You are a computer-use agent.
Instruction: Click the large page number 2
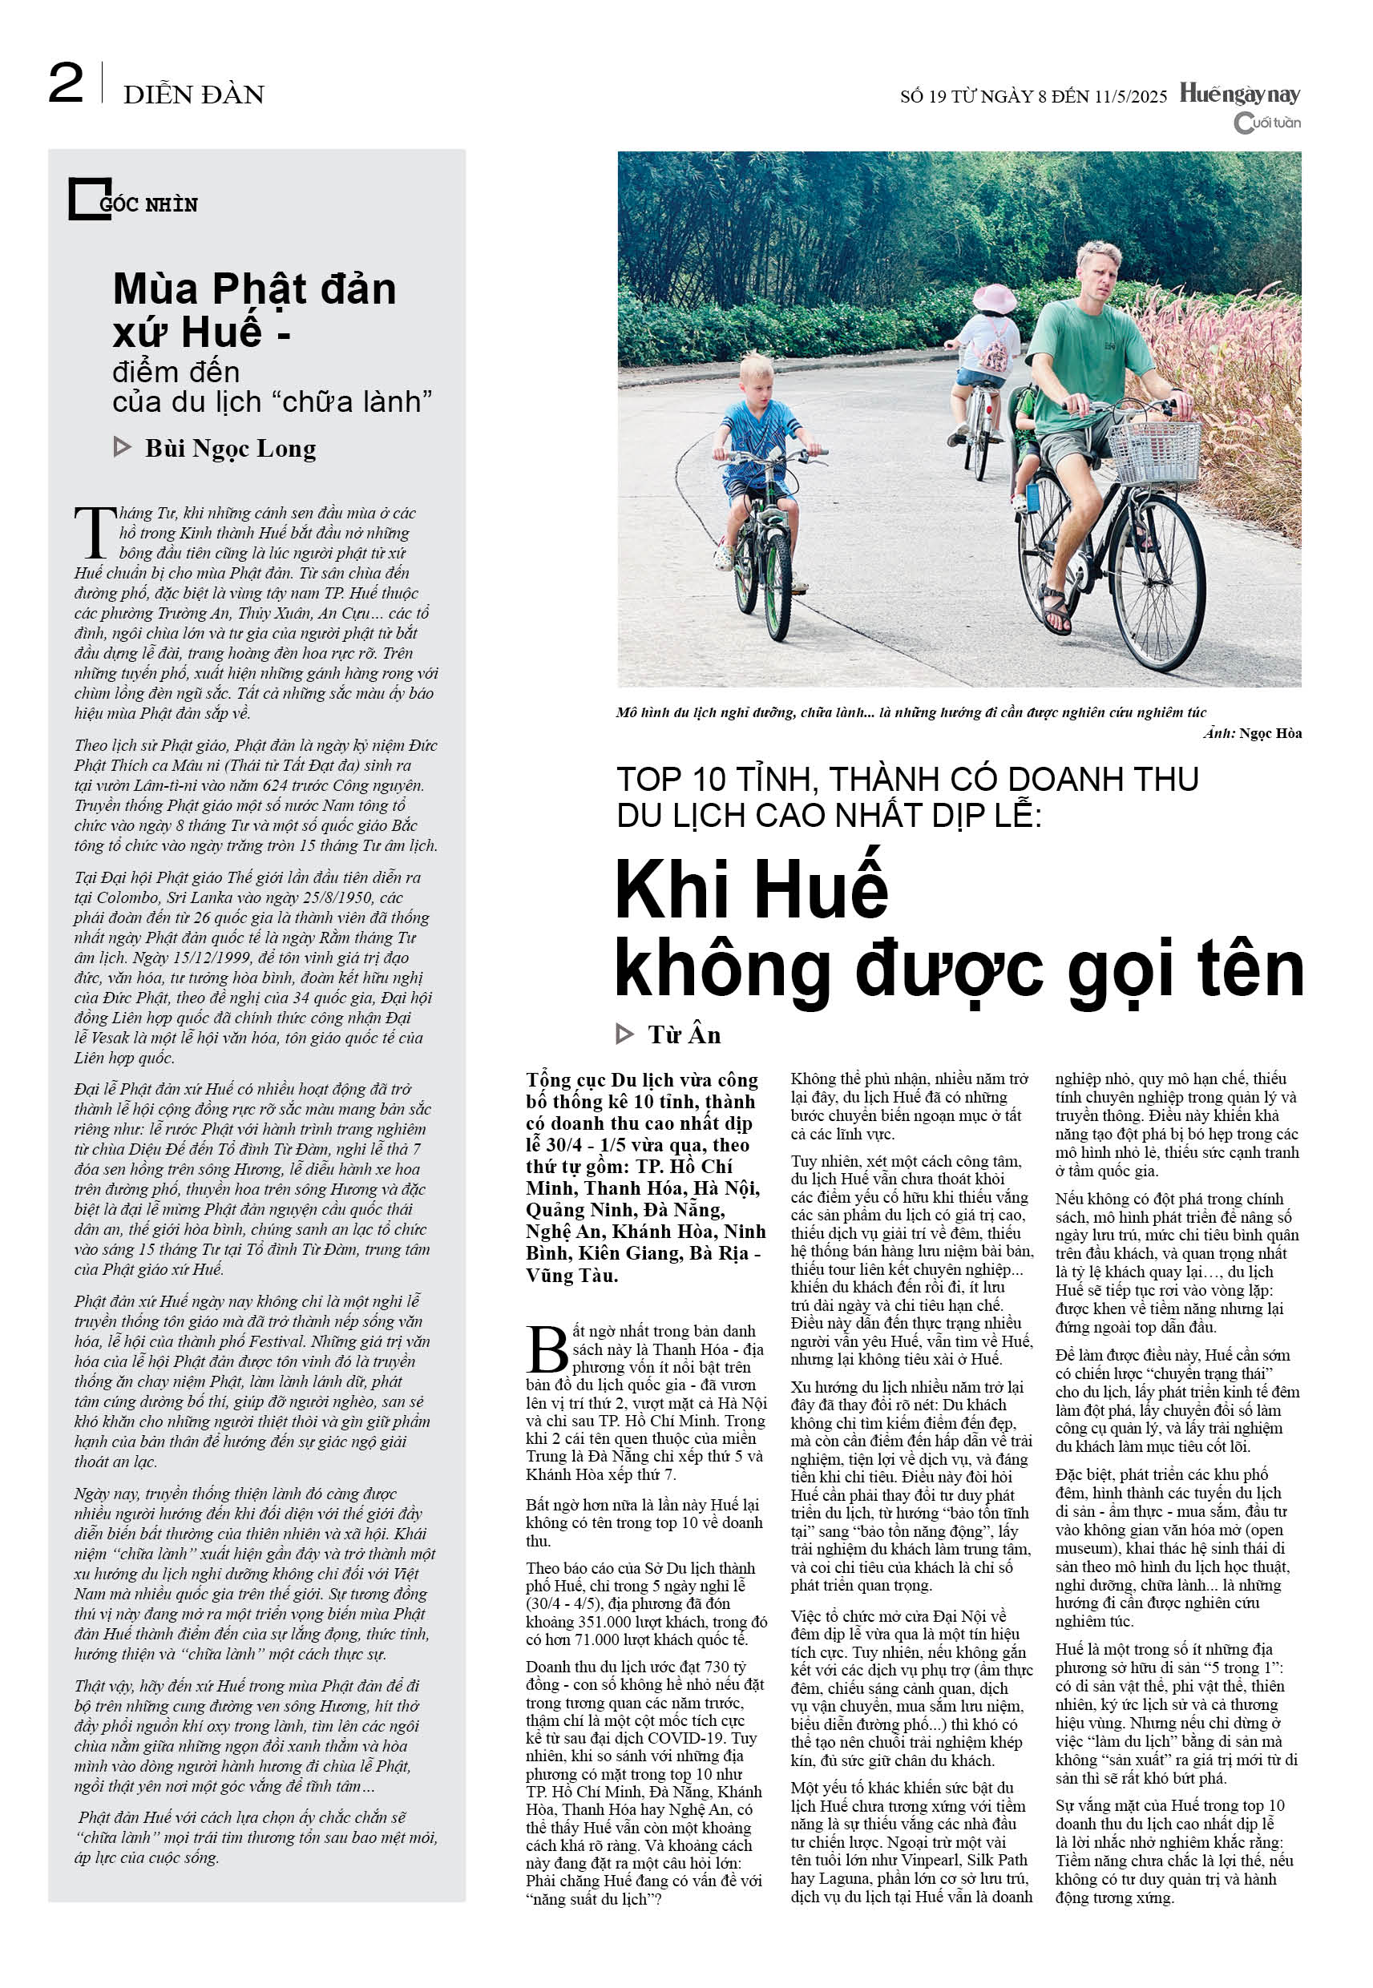coord(66,84)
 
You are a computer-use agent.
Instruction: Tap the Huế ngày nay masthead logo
coord(1239,93)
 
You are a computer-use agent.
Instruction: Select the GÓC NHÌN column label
coord(148,204)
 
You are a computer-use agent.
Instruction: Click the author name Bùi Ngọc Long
coord(230,449)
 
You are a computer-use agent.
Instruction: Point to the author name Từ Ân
coord(684,1034)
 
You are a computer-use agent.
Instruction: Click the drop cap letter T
coord(95,533)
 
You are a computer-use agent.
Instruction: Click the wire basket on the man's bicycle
coord(1155,451)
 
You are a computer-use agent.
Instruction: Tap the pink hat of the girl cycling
coord(995,297)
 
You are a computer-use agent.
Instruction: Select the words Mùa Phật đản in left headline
coord(255,289)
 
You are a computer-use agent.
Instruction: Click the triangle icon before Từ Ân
coord(625,1034)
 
